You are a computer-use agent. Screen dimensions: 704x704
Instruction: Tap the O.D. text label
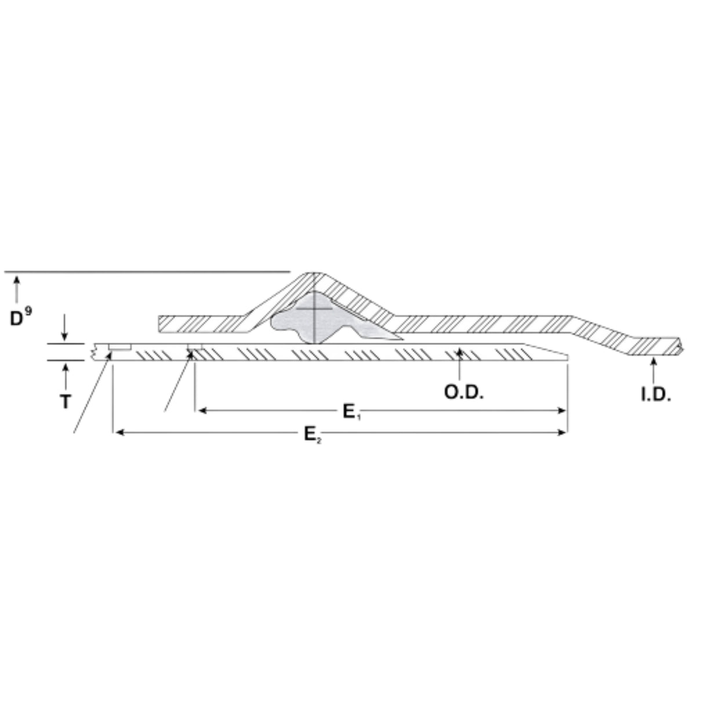[x=463, y=393]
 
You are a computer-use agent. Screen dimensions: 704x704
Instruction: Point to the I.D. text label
[x=655, y=395]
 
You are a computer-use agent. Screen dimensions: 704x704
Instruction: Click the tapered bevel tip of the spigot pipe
[x=551, y=353]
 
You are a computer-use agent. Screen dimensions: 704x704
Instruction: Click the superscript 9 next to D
[x=29, y=311]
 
